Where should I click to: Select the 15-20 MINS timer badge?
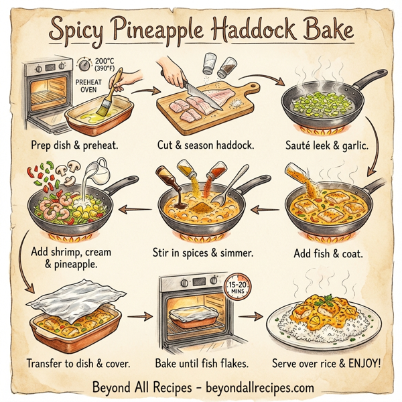(x=239, y=286)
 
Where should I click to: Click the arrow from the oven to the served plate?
(x=252, y=315)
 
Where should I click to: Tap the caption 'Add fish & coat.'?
(x=329, y=254)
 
